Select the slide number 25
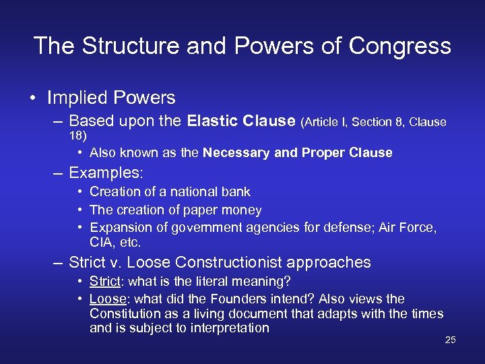451,340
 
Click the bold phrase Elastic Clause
241,121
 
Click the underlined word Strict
104,280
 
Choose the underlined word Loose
108,299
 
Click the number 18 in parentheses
76,135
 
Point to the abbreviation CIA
102,242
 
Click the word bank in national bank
236,192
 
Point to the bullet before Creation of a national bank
80,192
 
